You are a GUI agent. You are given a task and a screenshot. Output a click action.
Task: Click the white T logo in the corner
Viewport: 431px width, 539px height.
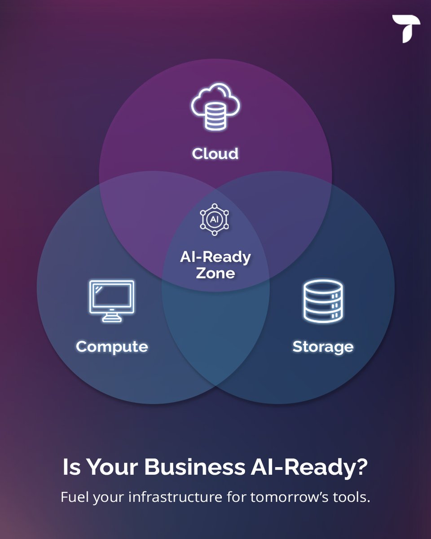point(405,28)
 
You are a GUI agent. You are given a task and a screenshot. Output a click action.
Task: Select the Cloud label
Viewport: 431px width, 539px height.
point(215,154)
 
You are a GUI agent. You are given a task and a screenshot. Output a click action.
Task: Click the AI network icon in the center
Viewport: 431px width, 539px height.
point(215,220)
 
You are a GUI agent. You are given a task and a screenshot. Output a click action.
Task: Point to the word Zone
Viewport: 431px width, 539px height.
point(215,273)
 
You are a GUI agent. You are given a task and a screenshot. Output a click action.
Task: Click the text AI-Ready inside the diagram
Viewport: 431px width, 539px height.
point(215,257)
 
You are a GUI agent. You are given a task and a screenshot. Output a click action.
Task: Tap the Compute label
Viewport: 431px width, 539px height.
point(112,347)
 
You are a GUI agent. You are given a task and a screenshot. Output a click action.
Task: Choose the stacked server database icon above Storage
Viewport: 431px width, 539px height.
point(323,301)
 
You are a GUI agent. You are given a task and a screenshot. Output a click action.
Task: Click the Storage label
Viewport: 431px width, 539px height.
point(323,347)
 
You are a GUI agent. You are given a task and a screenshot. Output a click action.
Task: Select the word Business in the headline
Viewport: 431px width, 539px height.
point(194,468)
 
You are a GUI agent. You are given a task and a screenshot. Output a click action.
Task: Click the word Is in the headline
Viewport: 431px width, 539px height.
point(71,468)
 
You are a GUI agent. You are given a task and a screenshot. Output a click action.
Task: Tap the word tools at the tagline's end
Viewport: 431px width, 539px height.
point(352,498)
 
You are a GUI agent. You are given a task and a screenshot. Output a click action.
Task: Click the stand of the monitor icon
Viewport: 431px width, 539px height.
point(112,318)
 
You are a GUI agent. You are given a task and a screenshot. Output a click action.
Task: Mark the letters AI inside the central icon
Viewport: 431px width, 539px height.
point(215,220)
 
